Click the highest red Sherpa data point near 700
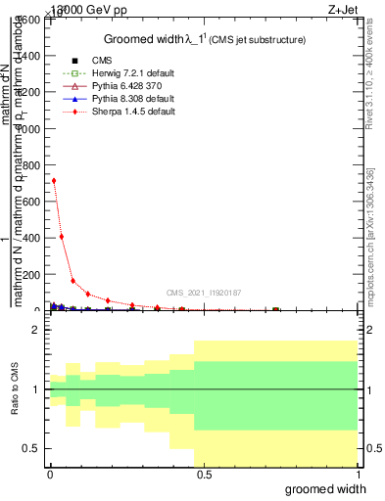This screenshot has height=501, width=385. (54, 180)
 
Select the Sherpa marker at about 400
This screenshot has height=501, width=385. (62, 236)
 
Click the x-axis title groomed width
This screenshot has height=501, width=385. (331, 487)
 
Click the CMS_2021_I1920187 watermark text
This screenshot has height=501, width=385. (204, 292)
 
